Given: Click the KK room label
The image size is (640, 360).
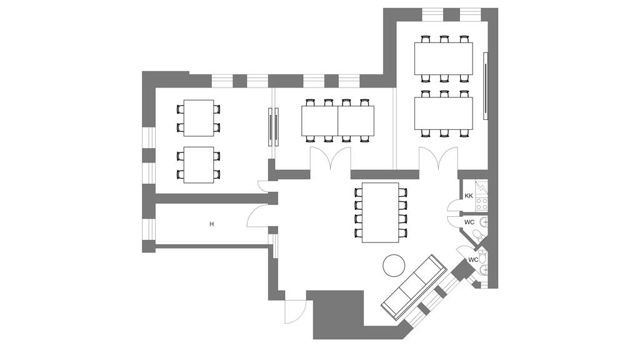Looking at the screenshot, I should pyautogui.click(x=468, y=196).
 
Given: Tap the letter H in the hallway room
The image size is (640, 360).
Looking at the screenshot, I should pyautogui.click(x=212, y=224).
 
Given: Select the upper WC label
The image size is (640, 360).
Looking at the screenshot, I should pyautogui.click(x=469, y=222).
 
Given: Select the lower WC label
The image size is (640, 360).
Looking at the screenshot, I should pyautogui.click(x=473, y=259).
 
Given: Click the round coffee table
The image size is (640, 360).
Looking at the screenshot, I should pyautogui.click(x=394, y=265).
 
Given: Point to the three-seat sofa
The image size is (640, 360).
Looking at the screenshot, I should pyautogui.click(x=413, y=287).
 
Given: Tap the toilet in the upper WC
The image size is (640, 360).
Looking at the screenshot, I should pyautogui.click(x=479, y=235).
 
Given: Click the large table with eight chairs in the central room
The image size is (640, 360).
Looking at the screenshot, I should pyautogui.click(x=381, y=213).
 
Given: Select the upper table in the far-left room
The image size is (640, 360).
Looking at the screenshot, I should pyautogui.click(x=199, y=117).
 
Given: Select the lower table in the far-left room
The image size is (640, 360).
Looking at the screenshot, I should pyautogui.click(x=199, y=165).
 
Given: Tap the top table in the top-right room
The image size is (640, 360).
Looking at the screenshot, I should pyautogui.click(x=443, y=58).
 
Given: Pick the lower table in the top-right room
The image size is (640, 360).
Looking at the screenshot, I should pyautogui.click(x=443, y=113).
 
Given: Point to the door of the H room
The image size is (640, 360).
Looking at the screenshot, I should pyautogui.click(x=257, y=217).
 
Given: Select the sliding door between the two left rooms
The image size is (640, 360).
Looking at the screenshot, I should pyautogui.click(x=273, y=127).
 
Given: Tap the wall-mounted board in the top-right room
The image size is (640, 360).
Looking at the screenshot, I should pyautogui.click(x=486, y=84).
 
